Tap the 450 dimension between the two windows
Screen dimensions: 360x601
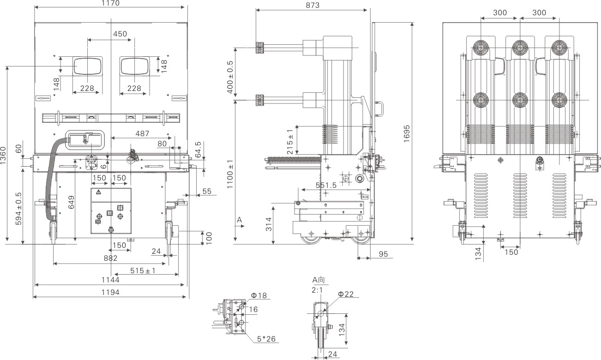(x=120, y=34)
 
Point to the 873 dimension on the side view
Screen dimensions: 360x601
(x=313, y=5)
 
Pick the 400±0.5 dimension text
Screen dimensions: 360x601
(x=230, y=77)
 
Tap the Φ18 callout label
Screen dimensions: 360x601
(x=259, y=295)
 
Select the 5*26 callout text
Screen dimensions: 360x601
(x=266, y=339)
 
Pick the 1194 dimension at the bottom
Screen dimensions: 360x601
(x=111, y=292)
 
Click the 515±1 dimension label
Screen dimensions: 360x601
(x=143, y=271)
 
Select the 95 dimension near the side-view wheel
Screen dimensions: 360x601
(x=383, y=254)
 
